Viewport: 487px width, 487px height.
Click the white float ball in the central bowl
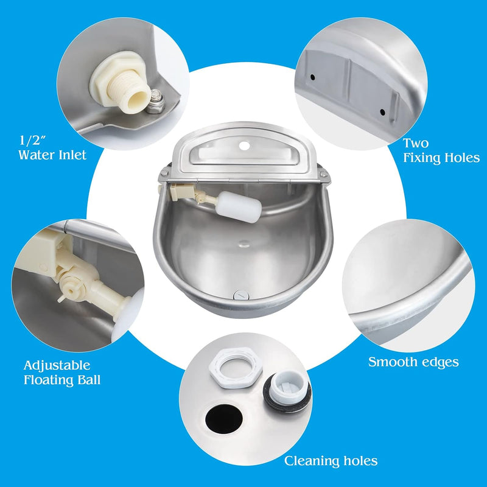click(x=240, y=207)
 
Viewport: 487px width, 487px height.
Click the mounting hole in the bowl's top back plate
click(x=245, y=145)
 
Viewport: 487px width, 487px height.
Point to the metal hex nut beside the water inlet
click(x=155, y=101)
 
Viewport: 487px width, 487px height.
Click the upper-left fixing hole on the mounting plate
click(x=313, y=77)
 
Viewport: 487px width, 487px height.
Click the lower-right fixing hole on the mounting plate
click(x=382, y=112)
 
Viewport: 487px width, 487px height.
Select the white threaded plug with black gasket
click(x=287, y=392)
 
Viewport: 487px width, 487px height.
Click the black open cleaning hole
click(x=224, y=419)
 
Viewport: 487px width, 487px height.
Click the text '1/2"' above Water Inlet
click(x=33, y=141)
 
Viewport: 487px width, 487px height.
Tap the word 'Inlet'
click(x=72, y=155)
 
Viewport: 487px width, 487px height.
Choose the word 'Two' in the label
click(x=416, y=143)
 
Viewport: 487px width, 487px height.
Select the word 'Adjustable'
click(x=57, y=366)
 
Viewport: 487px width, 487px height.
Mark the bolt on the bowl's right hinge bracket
click(x=324, y=175)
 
